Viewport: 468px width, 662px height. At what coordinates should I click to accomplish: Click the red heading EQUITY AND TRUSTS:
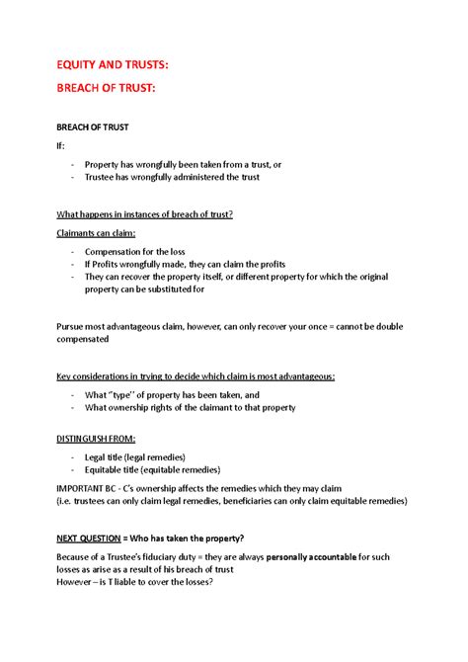click(112, 64)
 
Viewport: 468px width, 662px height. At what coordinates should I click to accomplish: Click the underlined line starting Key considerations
click(195, 376)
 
